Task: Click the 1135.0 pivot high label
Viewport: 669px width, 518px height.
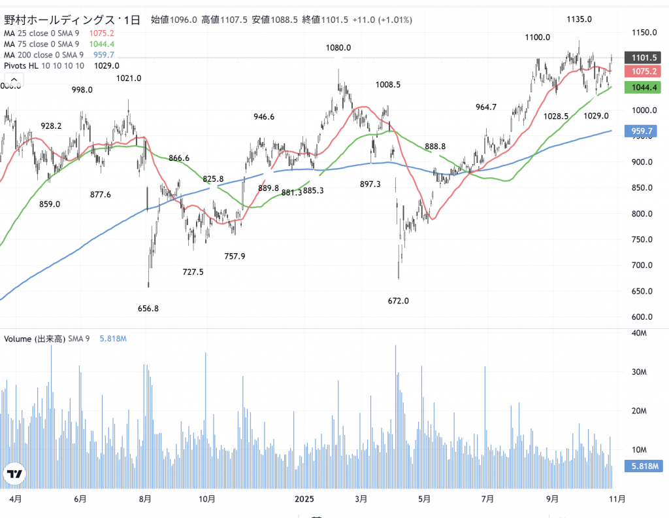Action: [x=579, y=19]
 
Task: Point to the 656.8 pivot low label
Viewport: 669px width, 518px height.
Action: [x=148, y=308]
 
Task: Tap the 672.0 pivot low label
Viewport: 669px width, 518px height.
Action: [x=398, y=301]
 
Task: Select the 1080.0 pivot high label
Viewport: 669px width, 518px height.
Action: [x=338, y=48]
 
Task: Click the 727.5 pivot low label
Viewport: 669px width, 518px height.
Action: [x=193, y=271]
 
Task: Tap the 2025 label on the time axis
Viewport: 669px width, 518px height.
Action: [x=304, y=499]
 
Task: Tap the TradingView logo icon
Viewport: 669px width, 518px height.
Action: [x=14, y=474]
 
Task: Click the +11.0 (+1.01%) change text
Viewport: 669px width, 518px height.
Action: [x=382, y=20]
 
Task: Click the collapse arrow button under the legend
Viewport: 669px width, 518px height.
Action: [x=12, y=80]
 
